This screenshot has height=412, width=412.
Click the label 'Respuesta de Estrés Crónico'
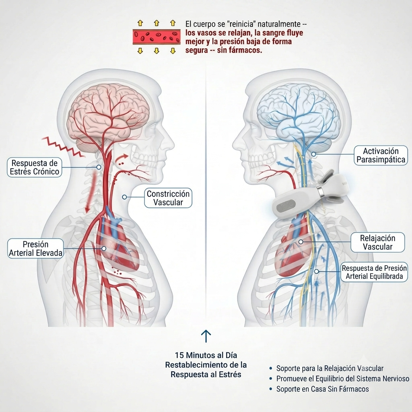pos(35,167)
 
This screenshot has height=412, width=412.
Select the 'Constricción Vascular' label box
pos(168,198)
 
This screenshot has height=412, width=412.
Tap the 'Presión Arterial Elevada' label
pos(35,248)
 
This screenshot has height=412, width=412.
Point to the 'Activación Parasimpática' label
pos(381,155)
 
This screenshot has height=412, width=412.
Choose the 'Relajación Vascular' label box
pos(377,242)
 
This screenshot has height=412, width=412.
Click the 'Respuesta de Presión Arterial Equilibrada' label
pos(374,272)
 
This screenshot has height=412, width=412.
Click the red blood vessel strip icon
pos(157,37)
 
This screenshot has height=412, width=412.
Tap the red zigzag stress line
pos(64,147)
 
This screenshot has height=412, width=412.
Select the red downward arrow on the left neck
pos(91,193)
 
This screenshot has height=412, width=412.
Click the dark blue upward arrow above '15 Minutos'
pos(206,336)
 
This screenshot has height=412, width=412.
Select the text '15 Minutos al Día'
pos(206,355)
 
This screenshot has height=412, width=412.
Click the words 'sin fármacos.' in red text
pos(239,50)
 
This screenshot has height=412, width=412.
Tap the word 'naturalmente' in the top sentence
pos(279,24)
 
